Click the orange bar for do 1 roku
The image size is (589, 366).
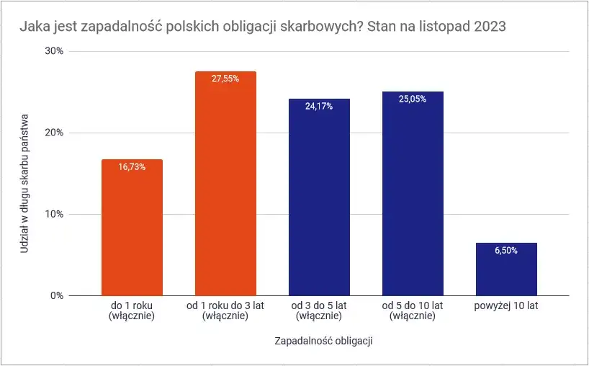coord(132,231)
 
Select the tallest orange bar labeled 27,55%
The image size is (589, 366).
coord(225,187)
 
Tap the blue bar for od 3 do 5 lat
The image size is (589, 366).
coord(319,202)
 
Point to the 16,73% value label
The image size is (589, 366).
coord(132,167)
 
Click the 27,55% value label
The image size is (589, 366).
coord(225,79)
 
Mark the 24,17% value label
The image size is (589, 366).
coord(319,107)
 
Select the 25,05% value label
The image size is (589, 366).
coord(413,99)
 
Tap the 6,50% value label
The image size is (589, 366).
coord(506,250)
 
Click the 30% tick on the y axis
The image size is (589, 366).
coord(55,52)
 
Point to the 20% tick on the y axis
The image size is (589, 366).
coord(55,133)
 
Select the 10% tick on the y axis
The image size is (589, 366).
coord(55,215)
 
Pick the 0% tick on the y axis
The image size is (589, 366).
coord(58,296)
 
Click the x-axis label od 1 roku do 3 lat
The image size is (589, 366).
coord(225,311)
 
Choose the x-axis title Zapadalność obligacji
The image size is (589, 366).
coord(323,339)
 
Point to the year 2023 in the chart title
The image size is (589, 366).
coord(490,27)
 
